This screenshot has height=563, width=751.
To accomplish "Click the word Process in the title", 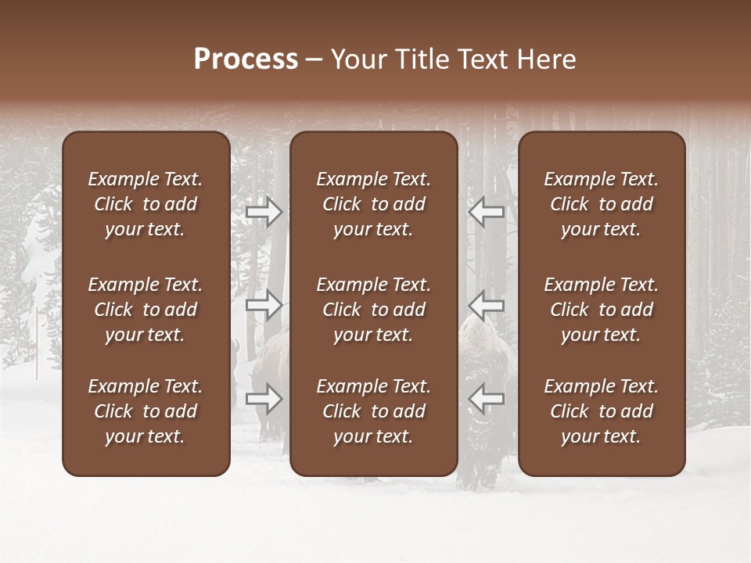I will (246, 59).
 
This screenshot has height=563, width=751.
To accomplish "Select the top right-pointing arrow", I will (264, 212).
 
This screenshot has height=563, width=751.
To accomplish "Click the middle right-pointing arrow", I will (264, 305).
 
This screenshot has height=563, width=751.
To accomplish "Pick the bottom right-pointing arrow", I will (264, 399).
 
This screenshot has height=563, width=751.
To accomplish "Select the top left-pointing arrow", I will (486, 212).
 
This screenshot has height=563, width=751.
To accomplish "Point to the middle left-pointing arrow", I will (486, 305).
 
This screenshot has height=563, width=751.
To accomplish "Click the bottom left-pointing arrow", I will (486, 399).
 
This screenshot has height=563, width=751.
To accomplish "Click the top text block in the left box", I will (146, 204).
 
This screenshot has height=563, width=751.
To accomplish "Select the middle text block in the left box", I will (146, 310).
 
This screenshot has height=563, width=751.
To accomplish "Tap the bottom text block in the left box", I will (146, 411).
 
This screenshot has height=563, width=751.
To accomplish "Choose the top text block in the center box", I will (374, 204).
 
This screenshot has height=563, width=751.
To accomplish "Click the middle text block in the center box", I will (374, 310).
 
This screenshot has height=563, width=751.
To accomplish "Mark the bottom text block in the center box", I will (374, 411).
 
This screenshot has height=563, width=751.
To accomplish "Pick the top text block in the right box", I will (602, 204).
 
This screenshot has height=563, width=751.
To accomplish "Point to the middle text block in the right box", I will (602, 310).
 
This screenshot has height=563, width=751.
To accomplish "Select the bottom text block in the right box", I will (602, 411).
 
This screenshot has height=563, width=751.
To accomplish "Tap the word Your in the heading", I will (358, 59).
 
